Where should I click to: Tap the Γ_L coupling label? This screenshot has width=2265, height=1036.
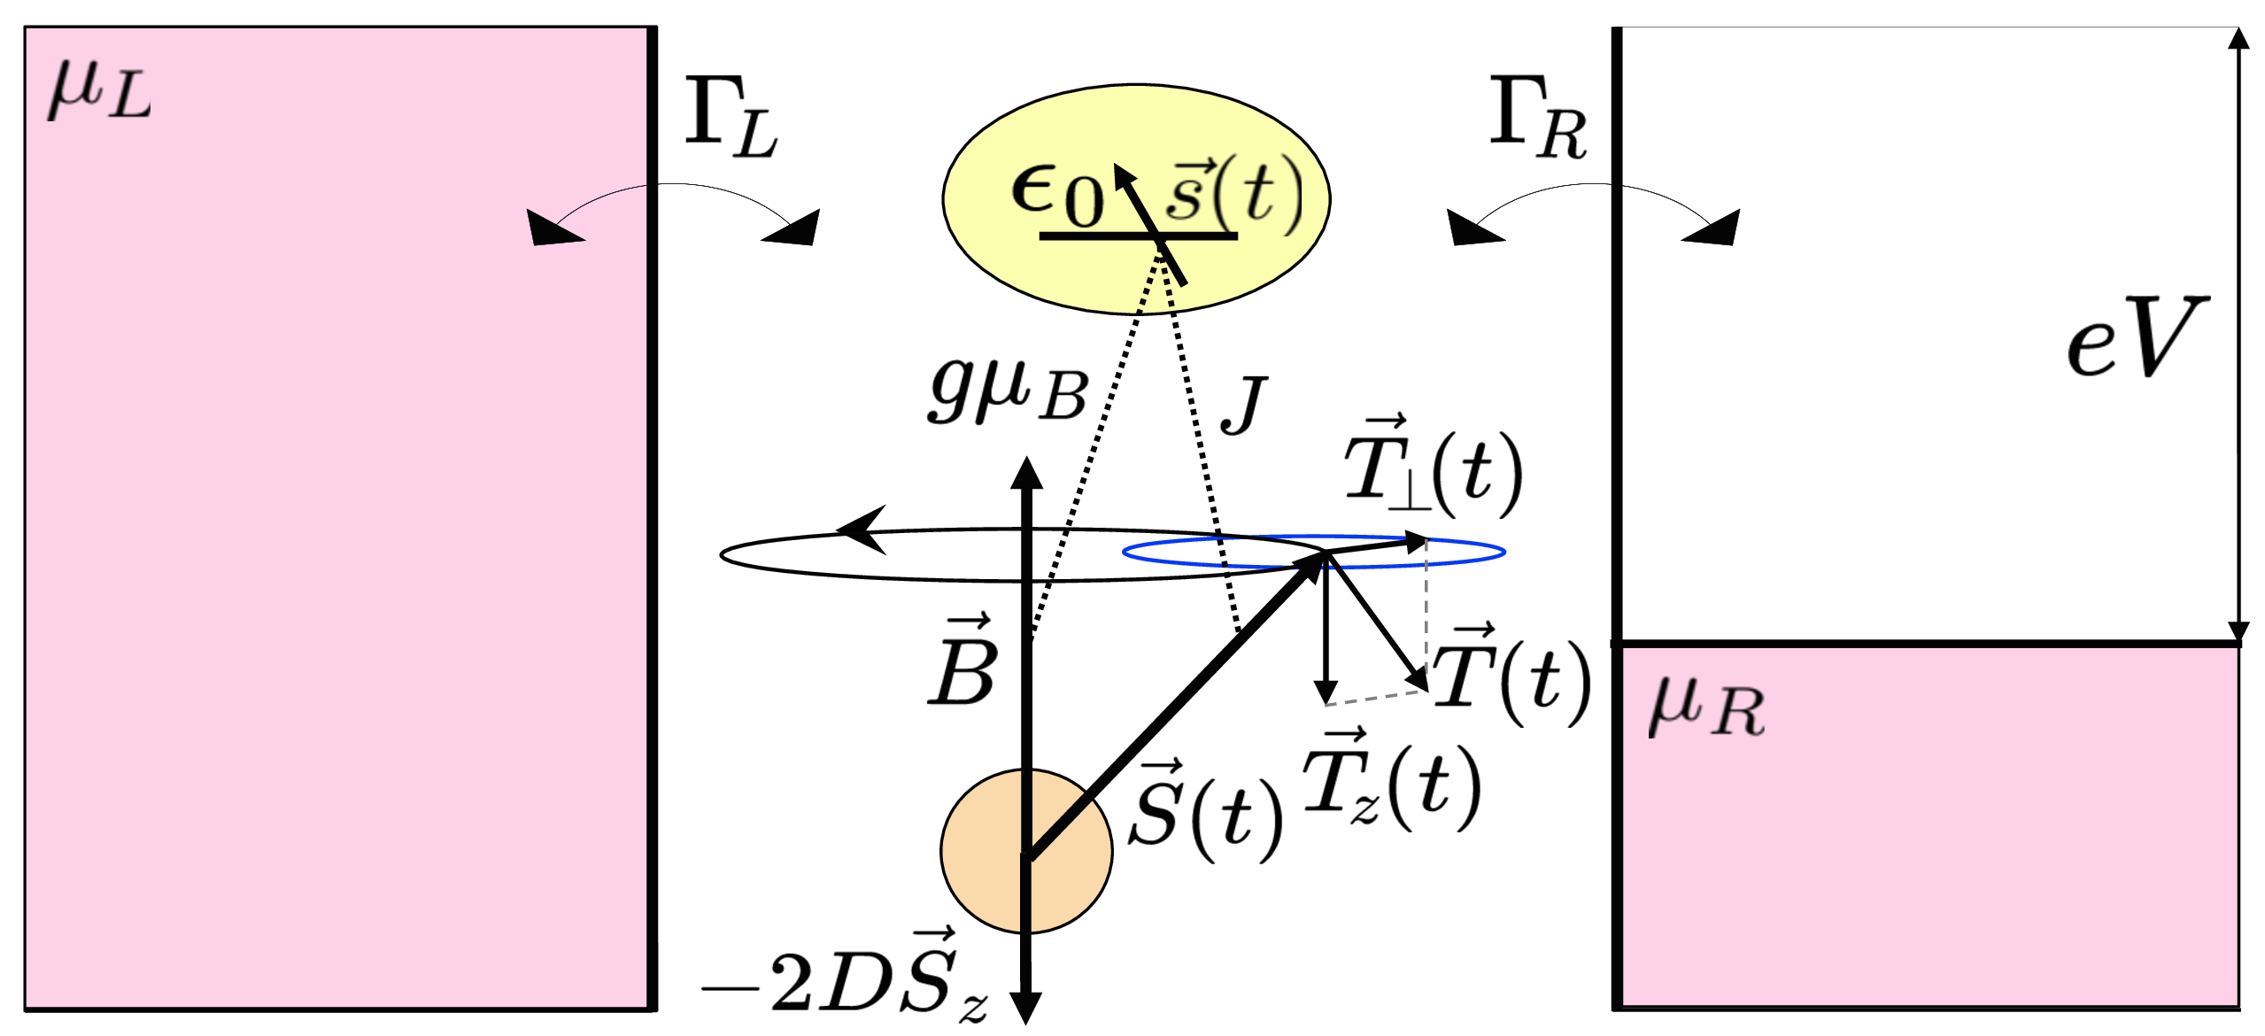pyautogui.click(x=731, y=119)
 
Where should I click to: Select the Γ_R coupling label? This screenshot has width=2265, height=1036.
pyautogui.click(x=1538, y=119)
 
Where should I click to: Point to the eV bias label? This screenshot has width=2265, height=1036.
pyautogui.click(x=2136, y=337)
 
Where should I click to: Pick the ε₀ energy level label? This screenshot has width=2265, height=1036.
pyautogui.click(x=1057, y=196)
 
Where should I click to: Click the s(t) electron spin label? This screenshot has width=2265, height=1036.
pyautogui.click(x=1234, y=191)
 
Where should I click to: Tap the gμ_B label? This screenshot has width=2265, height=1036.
pyautogui.click(x=1009, y=391)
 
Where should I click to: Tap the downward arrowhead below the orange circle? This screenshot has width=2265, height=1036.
pyautogui.click(x=1026, y=1007)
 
